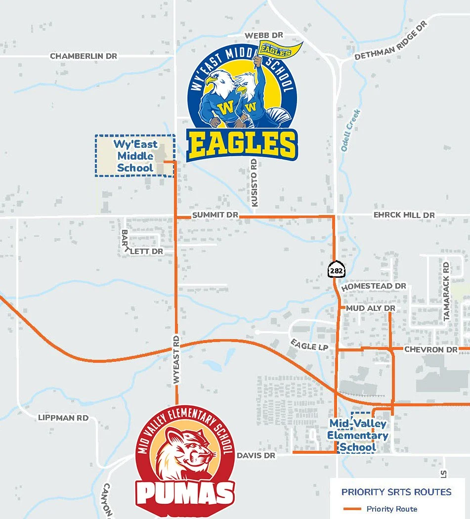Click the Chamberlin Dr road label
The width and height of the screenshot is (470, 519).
coord(84,56)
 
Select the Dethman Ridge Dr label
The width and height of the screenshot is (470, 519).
coord(390,42)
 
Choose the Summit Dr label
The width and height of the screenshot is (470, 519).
coord(215,216)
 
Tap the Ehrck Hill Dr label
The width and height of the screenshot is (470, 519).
coord(404,216)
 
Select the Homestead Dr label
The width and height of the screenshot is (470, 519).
coord(374,287)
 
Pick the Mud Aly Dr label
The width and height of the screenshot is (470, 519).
coord(371,308)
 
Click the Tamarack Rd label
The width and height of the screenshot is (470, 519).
coord(447,292)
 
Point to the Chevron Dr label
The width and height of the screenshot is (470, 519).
coord(431,349)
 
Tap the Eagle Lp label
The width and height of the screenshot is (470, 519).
coord(309,345)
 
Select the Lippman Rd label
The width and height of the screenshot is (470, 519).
coord(63,418)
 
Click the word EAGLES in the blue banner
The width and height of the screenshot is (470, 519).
coord(242,144)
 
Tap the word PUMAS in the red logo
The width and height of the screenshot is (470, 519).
coord(185,493)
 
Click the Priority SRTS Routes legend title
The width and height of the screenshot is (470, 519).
coord(396,492)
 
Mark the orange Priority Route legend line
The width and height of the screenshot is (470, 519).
coord(352,509)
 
